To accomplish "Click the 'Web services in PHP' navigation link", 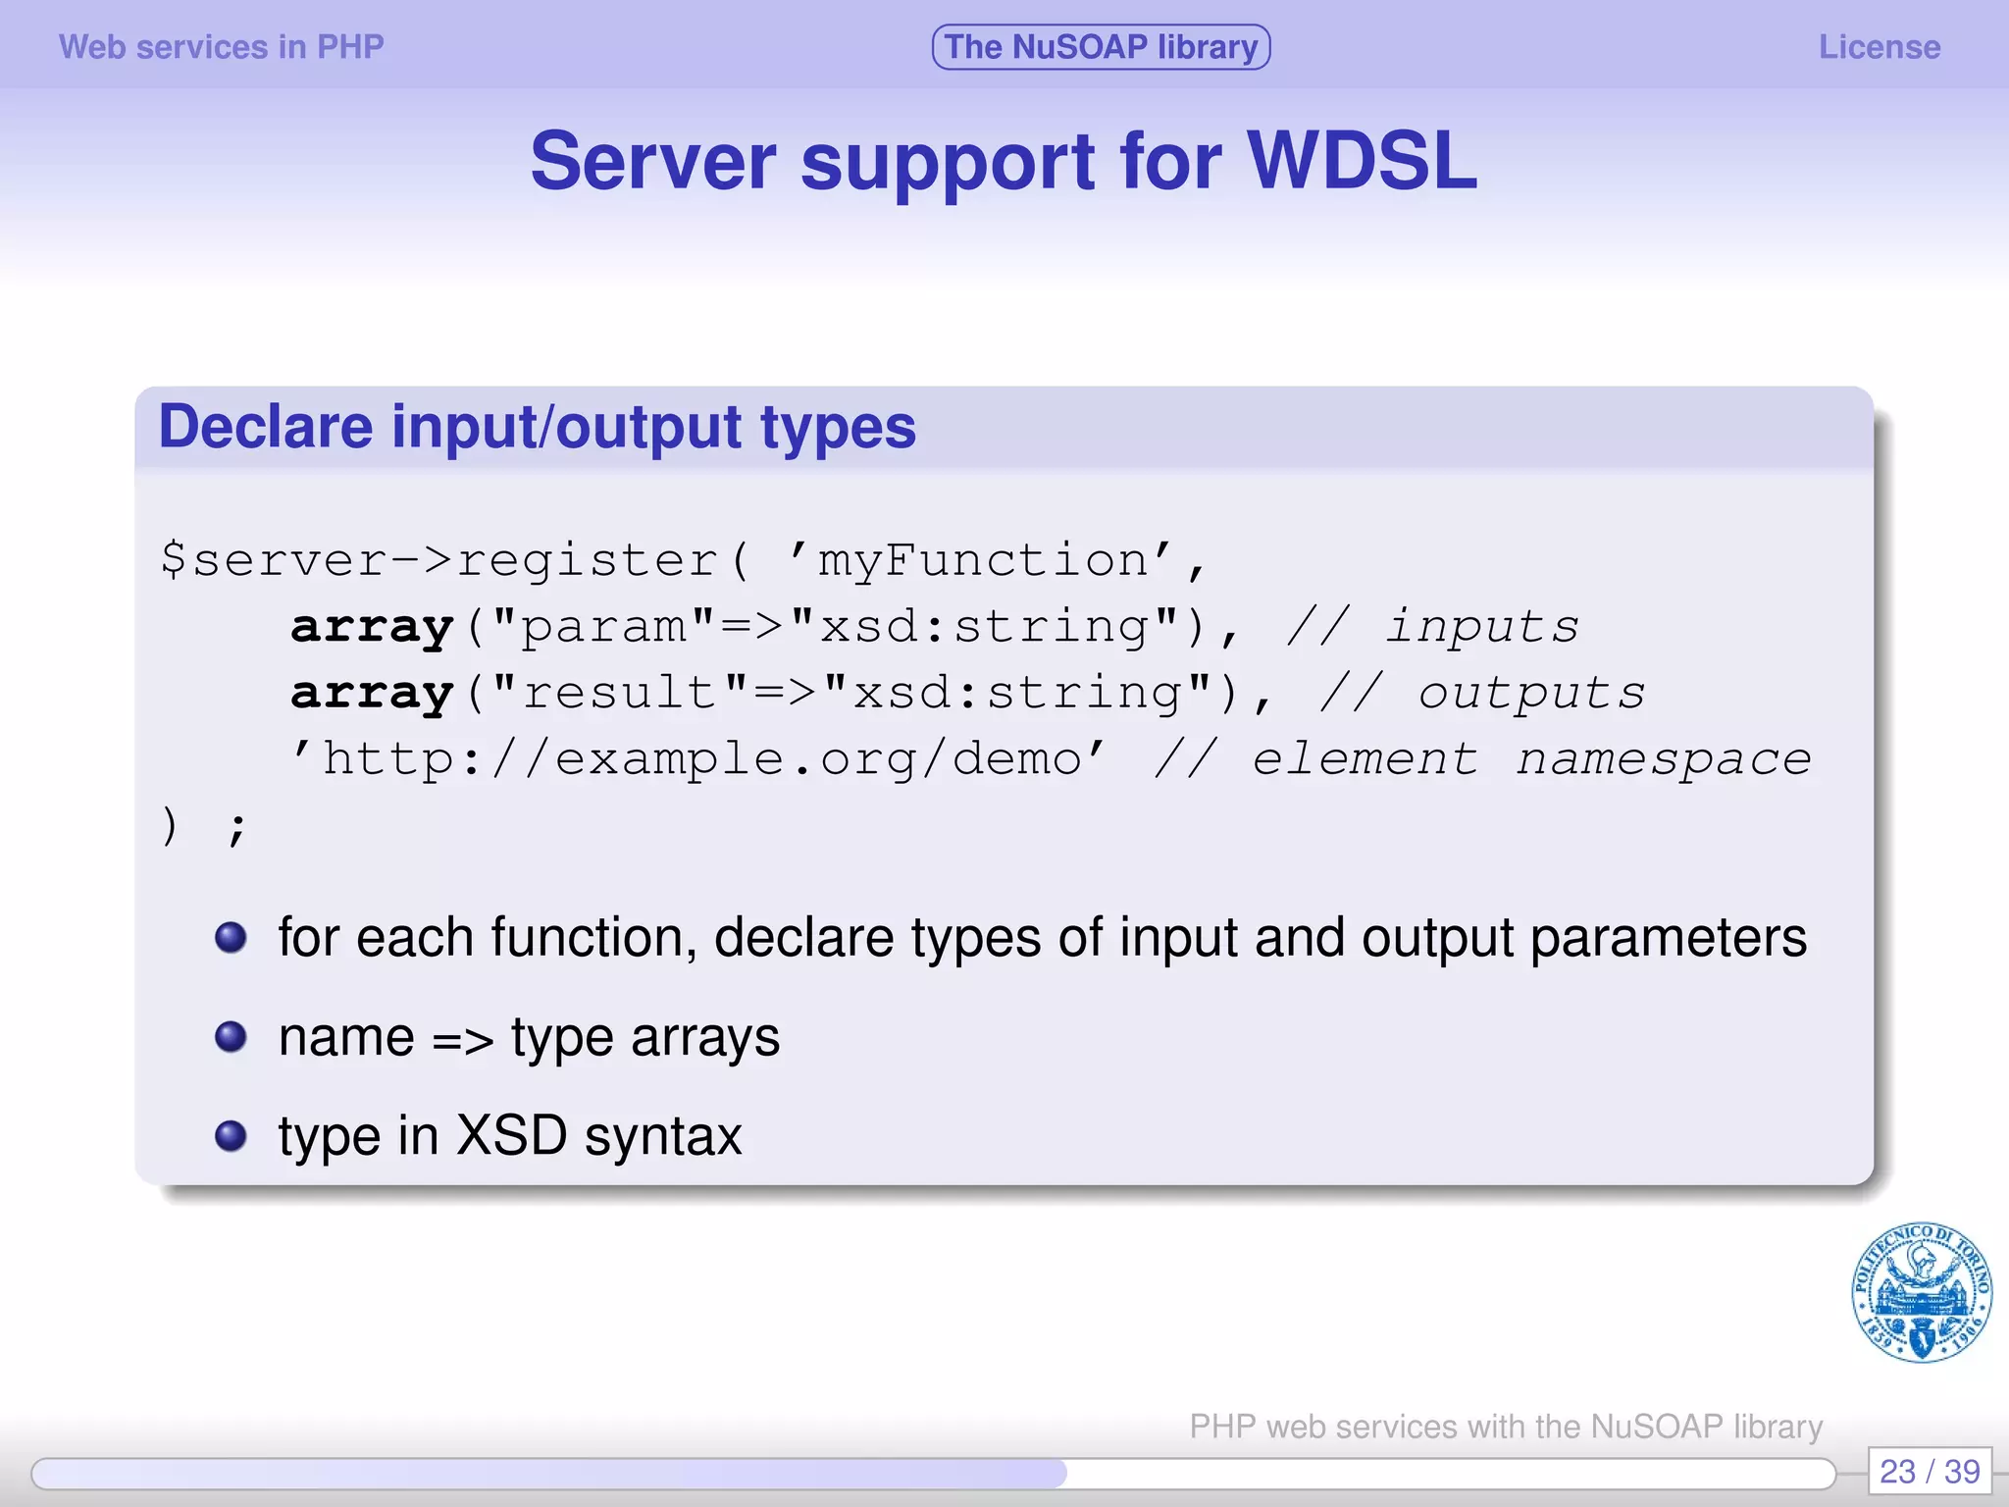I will [x=221, y=47].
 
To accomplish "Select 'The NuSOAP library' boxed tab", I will [x=1101, y=47].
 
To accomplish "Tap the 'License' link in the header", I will [x=1879, y=47].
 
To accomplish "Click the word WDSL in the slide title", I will [x=1362, y=162].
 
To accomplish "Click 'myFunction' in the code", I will [x=983, y=561].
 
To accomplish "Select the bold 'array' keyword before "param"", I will [x=372, y=627].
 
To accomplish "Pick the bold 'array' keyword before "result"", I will [x=372, y=694].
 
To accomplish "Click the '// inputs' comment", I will [x=1432, y=627].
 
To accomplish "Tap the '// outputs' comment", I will [x=1481, y=694].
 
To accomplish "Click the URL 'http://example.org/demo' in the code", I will [x=702, y=759].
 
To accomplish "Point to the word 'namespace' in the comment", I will [x=1663, y=759].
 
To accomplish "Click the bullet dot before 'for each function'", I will [x=231, y=938].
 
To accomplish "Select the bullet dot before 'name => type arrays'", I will [x=231, y=1037].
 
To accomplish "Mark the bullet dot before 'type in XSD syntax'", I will [x=231, y=1136].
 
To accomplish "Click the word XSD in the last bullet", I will [x=512, y=1136].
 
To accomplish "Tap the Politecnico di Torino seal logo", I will [x=1921, y=1292].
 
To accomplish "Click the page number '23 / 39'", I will [x=1929, y=1472].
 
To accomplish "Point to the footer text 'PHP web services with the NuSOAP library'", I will [x=1506, y=1427].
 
